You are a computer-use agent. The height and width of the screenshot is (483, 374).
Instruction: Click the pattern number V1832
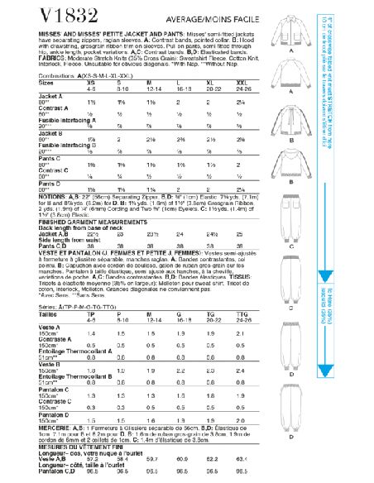pyautogui.click(x=40, y=15)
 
